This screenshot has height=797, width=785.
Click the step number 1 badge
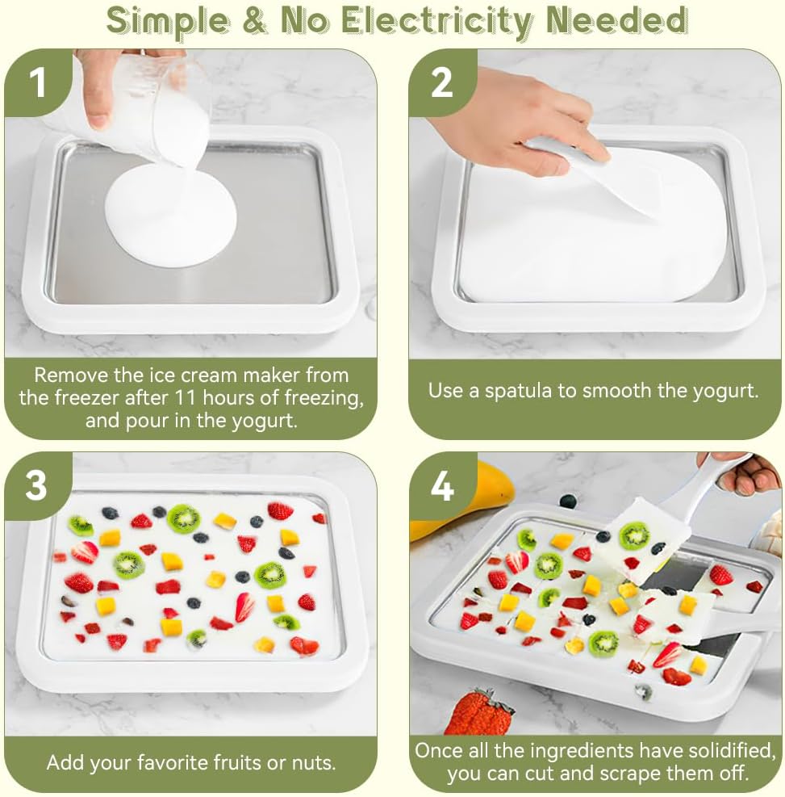[38, 82]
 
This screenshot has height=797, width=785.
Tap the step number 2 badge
[441, 82]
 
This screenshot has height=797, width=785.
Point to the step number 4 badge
[442, 485]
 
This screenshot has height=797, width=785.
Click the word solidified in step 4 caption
[723, 750]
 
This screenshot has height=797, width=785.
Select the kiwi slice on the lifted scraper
[634, 534]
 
